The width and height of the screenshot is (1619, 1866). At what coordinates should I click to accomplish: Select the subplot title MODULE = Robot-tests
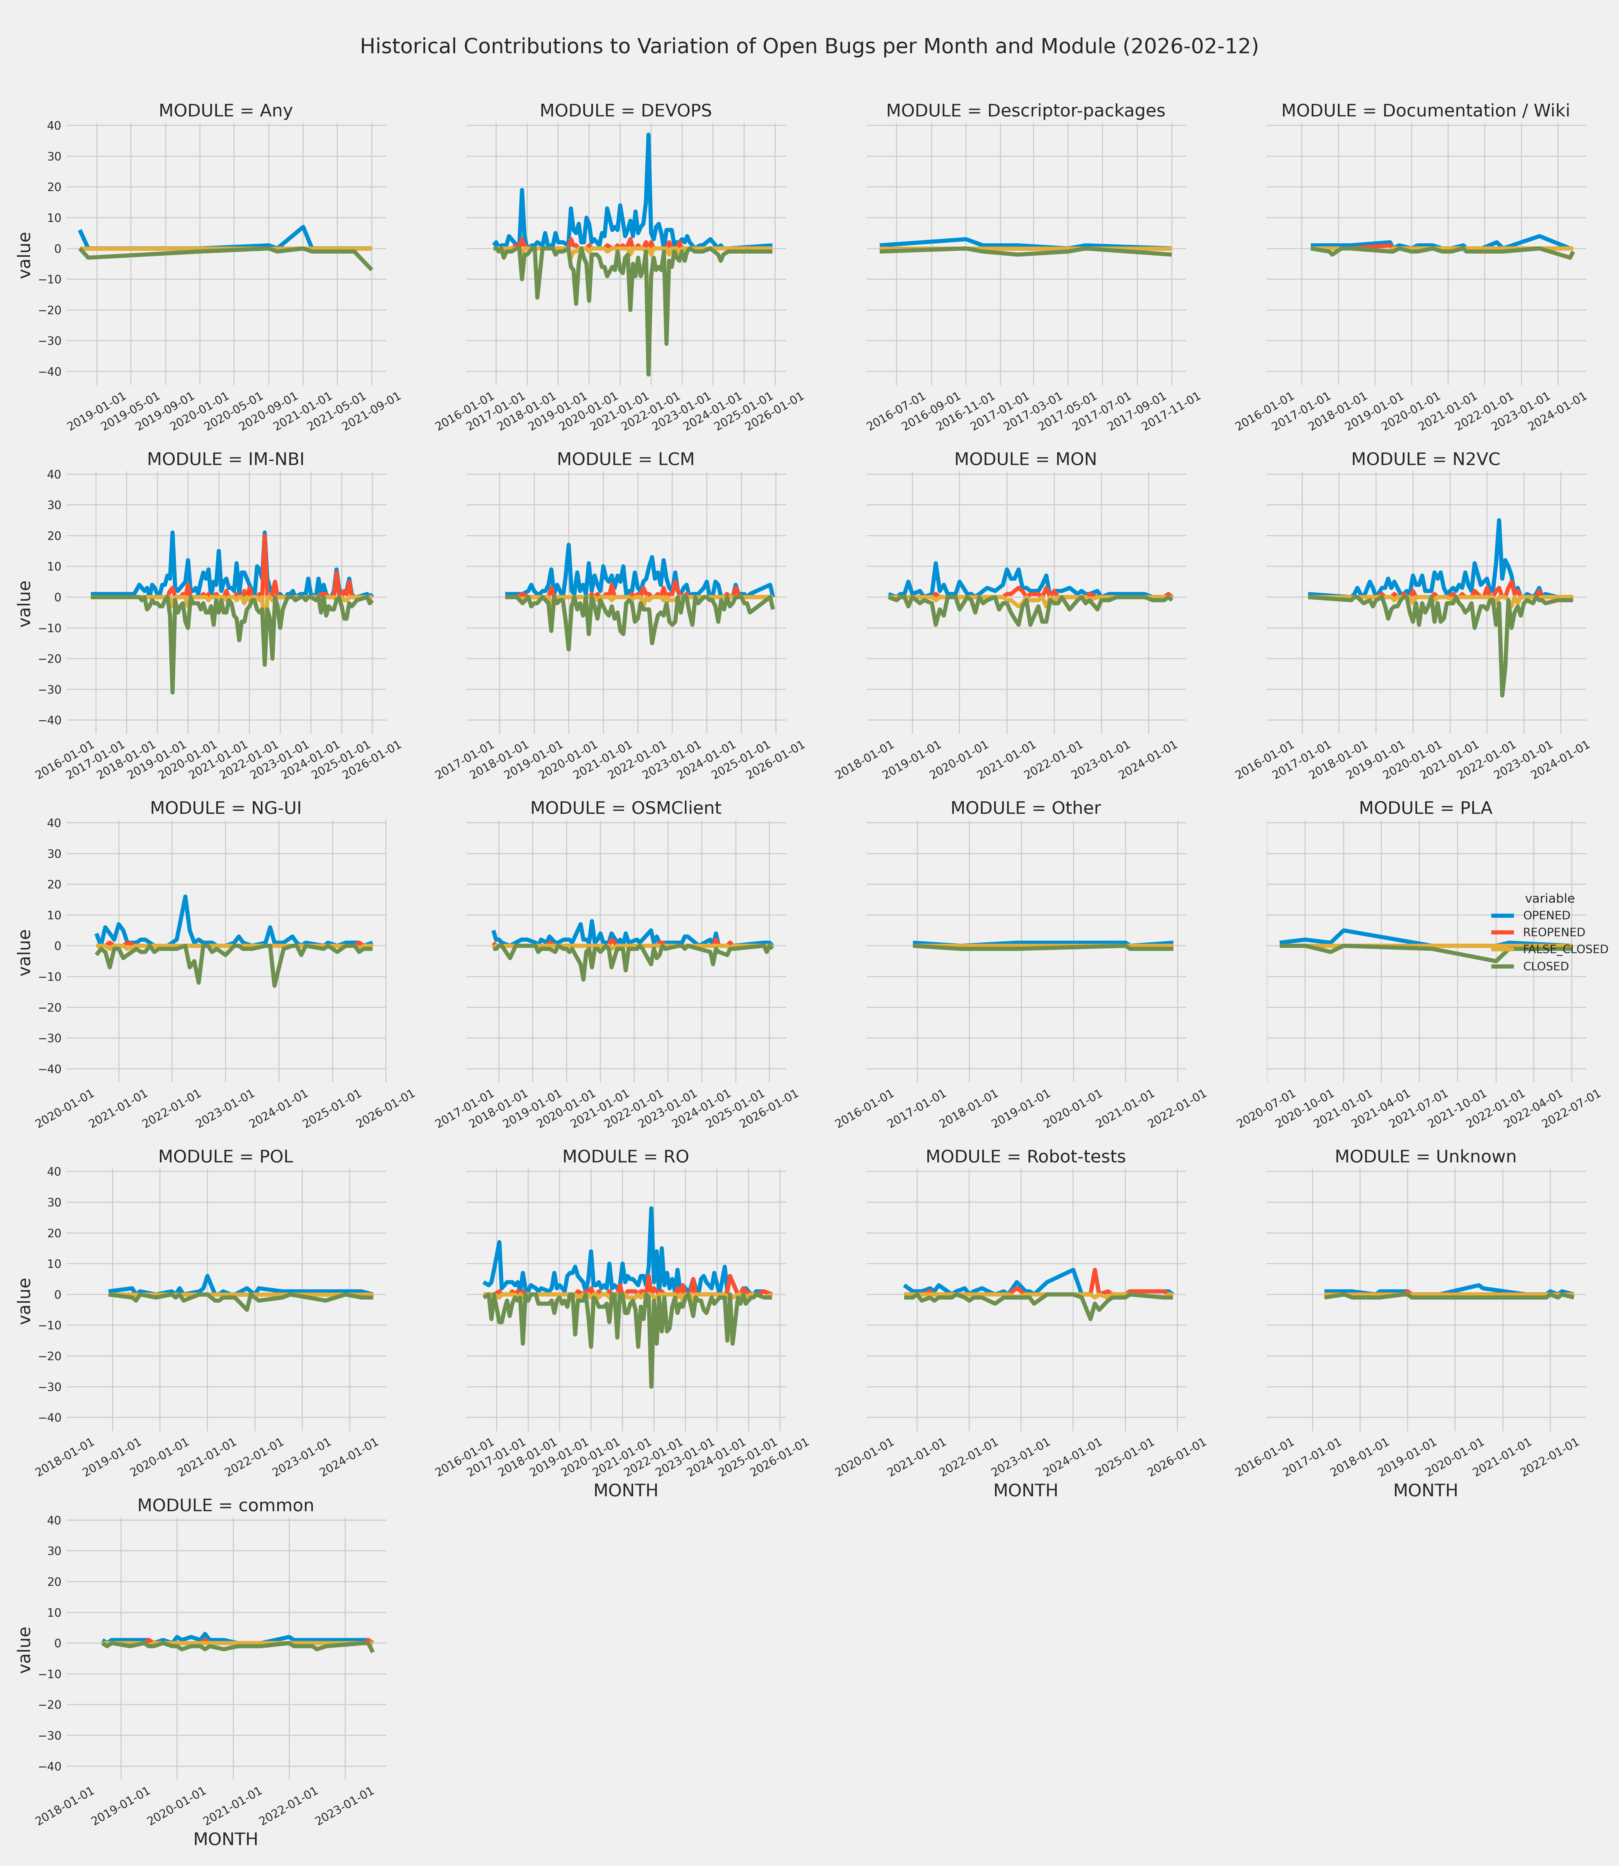tap(1025, 1157)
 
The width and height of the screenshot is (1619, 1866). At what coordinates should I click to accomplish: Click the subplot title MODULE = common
tap(226, 1505)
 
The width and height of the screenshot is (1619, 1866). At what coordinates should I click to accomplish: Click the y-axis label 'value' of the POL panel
tap(25, 1301)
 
